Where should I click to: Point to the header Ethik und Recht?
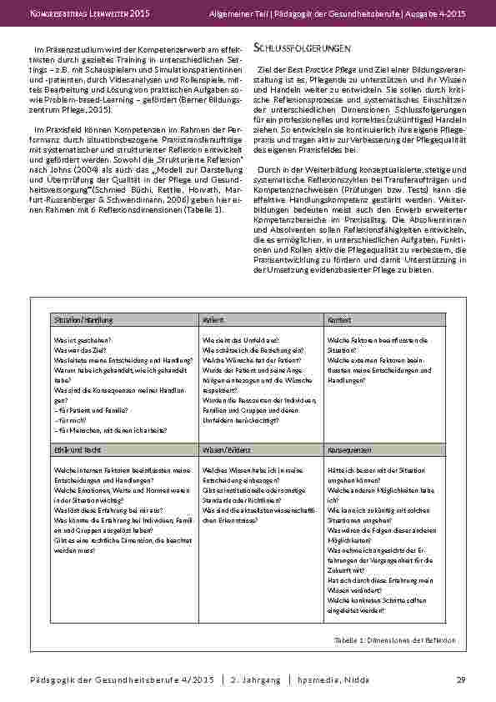coord(73,449)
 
